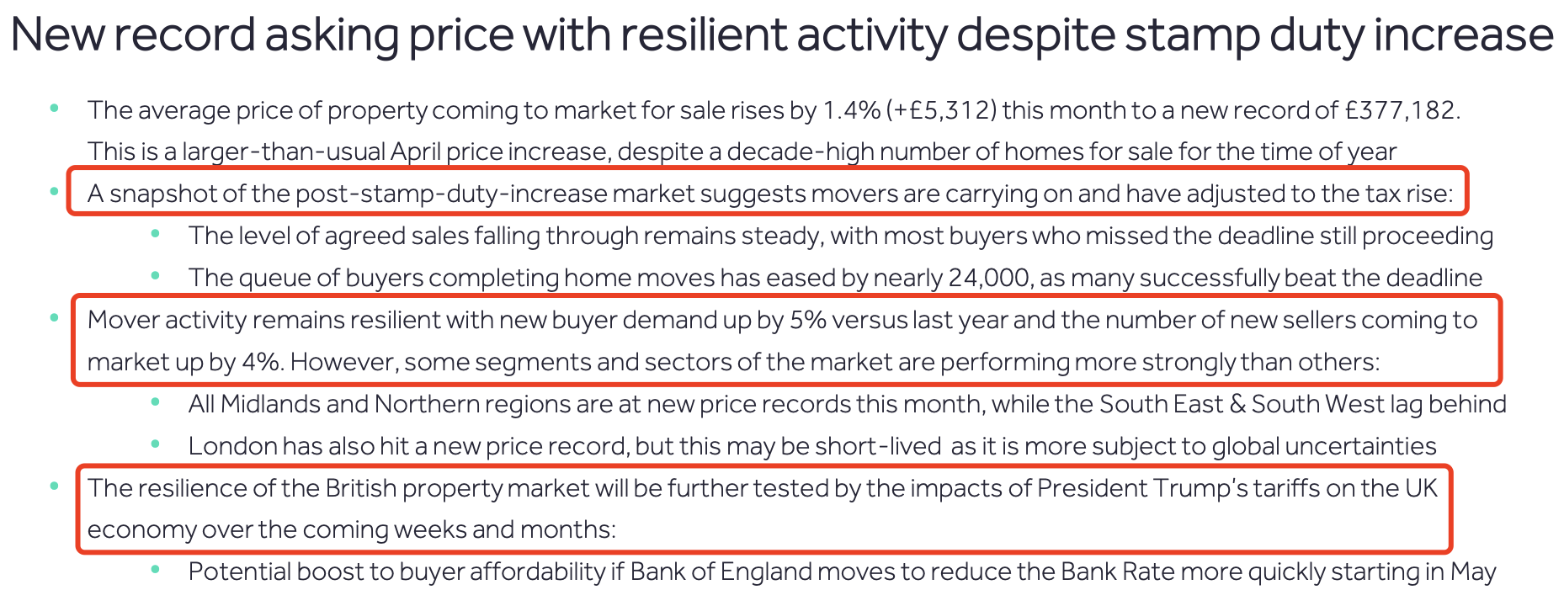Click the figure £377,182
pos(1401,110)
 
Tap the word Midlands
pos(269,404)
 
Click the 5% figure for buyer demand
pos(808,320)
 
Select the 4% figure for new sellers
pos(261,362)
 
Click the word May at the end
pos(1473,572)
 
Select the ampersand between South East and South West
pos(1237,404)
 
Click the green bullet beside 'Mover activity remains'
pos(55,318)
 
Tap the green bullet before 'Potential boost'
pos(155,570)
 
